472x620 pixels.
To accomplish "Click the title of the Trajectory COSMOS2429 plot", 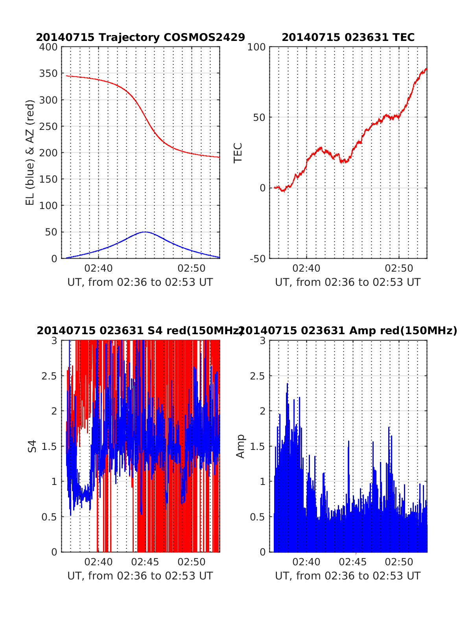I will (140, 37).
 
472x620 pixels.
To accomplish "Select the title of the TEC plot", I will (348, 37).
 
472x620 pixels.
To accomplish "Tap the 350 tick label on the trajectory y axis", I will (48, 74).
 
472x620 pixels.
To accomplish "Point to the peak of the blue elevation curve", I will (145, 232).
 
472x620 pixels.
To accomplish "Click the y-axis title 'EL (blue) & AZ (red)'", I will (30, 152).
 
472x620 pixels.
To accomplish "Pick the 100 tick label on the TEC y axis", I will (256, 47).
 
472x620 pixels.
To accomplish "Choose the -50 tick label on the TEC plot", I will (257, 259).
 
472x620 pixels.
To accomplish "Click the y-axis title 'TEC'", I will (238, 153).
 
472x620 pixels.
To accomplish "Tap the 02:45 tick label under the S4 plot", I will (145, 562).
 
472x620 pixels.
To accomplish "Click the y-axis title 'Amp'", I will (240, 446).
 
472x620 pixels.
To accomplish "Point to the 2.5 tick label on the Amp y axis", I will (258, 376).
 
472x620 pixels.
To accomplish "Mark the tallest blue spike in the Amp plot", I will (287, 383).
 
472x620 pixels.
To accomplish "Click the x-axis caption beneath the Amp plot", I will (348, 576).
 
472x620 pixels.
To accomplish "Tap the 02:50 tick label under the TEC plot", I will (399, 268).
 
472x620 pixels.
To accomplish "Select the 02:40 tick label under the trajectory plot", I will (98, 268).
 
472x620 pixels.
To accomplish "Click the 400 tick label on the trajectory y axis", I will (48, 47).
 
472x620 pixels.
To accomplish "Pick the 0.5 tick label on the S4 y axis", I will (49, 517).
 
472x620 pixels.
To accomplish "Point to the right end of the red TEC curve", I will (427, 69).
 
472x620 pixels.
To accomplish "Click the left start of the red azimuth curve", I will (66, 76).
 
